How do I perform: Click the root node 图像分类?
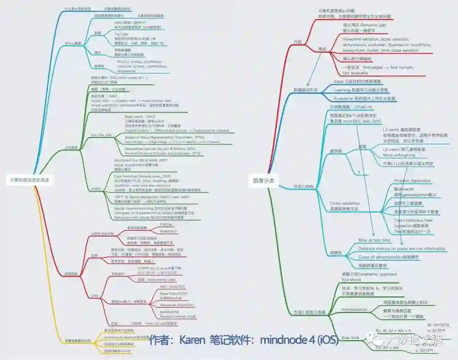(263, 181)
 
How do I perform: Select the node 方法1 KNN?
(303, 186)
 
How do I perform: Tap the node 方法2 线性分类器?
(310, 313)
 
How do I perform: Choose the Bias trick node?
(351, 338)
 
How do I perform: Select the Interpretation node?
(354, 310)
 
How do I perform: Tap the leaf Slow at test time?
(374, 240)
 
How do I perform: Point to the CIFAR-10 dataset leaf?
(345, 107)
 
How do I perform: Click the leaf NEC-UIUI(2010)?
(171, 287)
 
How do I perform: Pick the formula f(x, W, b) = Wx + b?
(393, 330)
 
